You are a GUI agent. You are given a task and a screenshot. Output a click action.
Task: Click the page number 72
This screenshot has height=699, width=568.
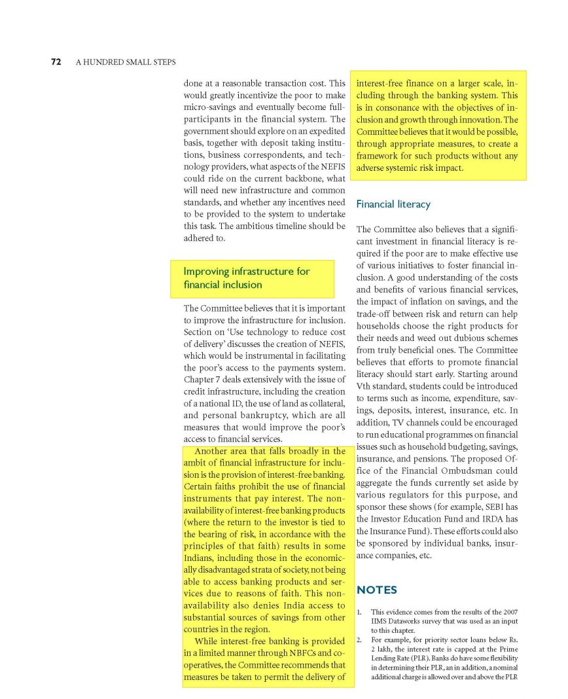click(x=56, y=62)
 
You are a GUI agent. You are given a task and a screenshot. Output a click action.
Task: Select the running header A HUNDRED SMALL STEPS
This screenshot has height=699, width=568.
click(x=126, y=62)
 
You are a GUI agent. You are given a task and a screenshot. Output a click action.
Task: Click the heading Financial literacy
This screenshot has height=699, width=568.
click(x=393, y=204)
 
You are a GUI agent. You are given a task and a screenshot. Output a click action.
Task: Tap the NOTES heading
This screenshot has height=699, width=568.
click(x=376, y=590)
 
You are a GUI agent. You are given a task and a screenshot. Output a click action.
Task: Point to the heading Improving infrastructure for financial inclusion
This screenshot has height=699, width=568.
click(x=247, y=278)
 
